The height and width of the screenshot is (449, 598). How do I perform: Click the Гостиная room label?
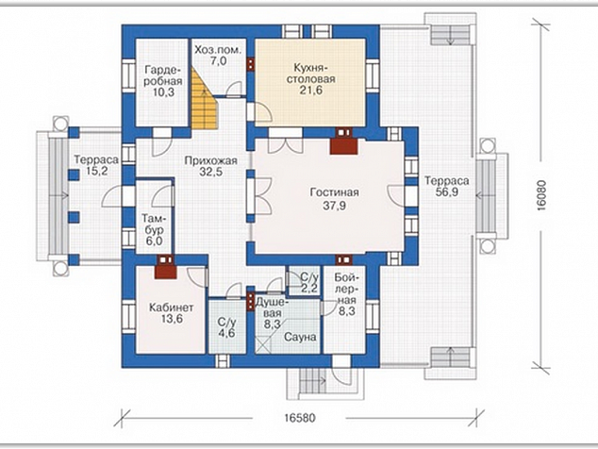(x=334, y=192)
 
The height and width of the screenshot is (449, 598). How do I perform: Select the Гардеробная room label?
(x=163, y=75)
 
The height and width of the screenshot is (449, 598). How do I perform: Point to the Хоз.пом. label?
(x=218, y=50)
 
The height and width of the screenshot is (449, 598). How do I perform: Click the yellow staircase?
(x=204, y=99)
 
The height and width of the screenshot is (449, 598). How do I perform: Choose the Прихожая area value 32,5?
(x=211, y=172)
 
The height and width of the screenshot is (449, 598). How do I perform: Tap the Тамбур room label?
(x=154, y=224)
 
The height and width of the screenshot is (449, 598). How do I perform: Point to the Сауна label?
(x=300, y=338)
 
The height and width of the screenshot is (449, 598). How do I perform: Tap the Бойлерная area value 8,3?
(x=346, y=311)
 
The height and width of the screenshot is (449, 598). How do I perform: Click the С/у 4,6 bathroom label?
(x=226, y=327)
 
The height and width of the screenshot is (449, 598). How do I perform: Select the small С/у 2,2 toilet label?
(x=309, y=282)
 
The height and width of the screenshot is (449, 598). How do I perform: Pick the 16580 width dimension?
(x=300, y=418)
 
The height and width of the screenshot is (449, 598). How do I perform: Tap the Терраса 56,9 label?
(x=446, y=186)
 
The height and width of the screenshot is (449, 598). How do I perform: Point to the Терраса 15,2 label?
(x=96, y=165)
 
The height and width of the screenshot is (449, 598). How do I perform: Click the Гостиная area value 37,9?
(x=335, y=206)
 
